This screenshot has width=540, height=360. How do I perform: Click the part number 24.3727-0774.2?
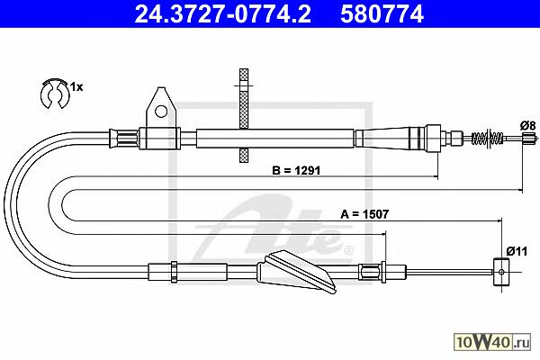click(222, 14)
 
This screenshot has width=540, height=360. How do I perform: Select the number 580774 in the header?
click(382, 14)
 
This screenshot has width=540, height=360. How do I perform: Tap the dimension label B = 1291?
click(296, 170)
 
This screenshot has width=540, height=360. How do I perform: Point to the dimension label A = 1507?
click(364, 214)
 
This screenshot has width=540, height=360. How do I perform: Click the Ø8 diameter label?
click(528, 125)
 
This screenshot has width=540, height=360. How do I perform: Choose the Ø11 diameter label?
click(517, 251)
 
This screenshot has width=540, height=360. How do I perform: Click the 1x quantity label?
click(76, 87)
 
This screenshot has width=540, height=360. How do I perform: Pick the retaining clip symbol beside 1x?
click(55, 94)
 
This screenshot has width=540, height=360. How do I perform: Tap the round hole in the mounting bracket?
click(161, 111)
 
